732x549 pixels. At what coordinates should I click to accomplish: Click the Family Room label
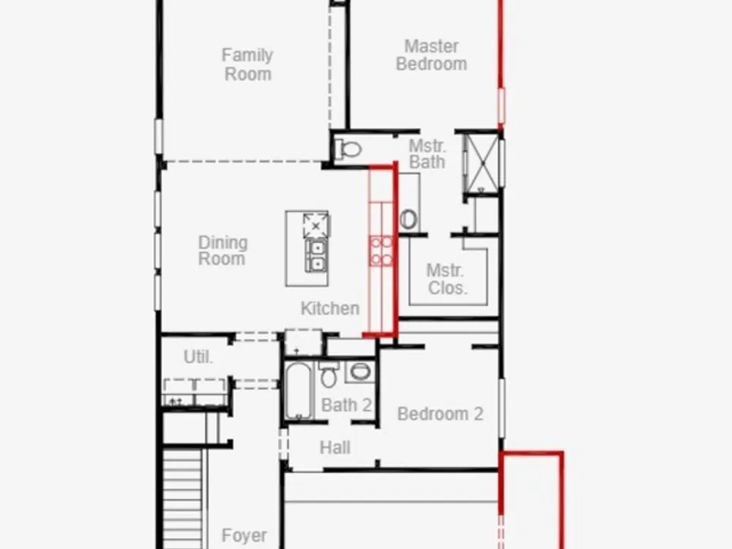pyautogui.click(x=247, y=64)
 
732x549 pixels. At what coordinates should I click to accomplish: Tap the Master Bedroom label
pyautogui.click(x=431, y=55)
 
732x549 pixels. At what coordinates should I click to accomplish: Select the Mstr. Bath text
pyautogui.click(x=427, y=154)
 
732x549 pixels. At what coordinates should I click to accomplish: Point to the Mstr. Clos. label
pyautogui.click(x=447, y=279)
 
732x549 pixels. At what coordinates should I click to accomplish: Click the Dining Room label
pyautogui.click(x=223, y=250)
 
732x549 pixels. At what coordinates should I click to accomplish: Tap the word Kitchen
pyautogui.click(x=330, y=308)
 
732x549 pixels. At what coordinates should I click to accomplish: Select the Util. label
pyautogui.click(x=198, y=357)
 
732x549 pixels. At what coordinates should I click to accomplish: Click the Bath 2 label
pyautogui.click(x=346, y=405)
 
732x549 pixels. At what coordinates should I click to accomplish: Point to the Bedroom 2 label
pyautogui.click(x=440, y=414)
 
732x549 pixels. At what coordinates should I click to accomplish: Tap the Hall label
pyautogui.click(x=335, y=448)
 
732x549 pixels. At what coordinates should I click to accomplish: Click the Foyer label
pyautogui.click(x=244, y=535)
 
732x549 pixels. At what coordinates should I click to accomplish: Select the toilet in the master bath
pyautogui.click(x=348, y=149)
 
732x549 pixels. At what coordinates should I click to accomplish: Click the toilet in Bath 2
pyautogui.click(x=329, y=374)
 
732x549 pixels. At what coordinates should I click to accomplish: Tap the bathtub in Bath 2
pyautogui.click(x=298, y=391)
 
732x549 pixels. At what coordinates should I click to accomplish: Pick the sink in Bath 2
pyautogui.click(x=360, y=372)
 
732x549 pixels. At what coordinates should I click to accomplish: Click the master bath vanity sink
pyautogui.click(x=408, y=220)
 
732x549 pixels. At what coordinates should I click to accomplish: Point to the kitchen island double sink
pyautogui.click(x=316, y=255)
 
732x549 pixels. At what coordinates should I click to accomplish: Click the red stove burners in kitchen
pyautogui.click(x=381, y=250)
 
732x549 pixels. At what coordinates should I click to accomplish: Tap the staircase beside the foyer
pyautogui.click(x=183, y=498)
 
